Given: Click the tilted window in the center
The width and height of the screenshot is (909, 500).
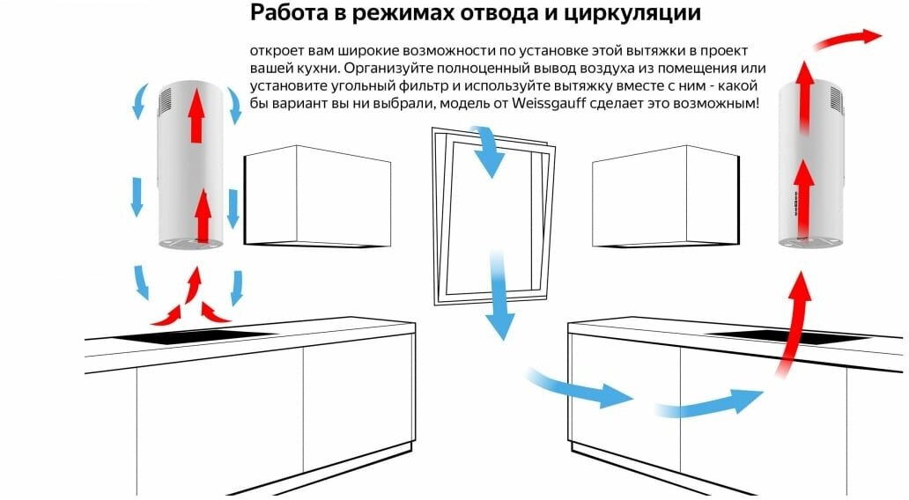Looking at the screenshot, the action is click(x=493, y=216).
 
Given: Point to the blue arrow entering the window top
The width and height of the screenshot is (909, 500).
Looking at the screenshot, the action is click(x=486, y=150).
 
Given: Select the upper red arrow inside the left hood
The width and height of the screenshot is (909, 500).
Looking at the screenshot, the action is click(x=196, y=115).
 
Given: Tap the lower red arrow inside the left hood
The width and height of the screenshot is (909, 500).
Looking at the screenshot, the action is click(x=203, y=216).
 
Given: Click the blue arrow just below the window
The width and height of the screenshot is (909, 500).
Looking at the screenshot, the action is click(x=499, y=294).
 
